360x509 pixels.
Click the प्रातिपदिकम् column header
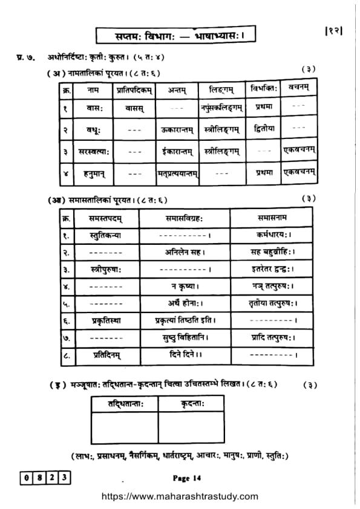coord(135,89)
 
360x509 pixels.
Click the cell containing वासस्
coord(134,109)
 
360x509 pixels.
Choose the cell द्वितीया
coord(264,128)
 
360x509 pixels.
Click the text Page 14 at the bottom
coord(186,478)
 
